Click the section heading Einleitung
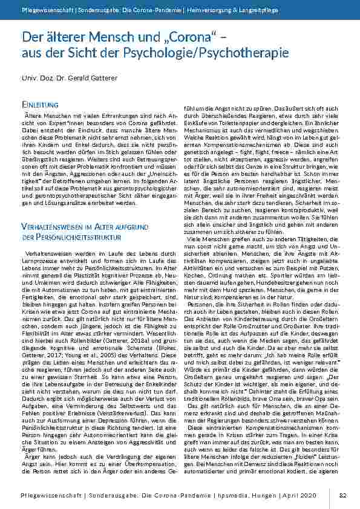[x=39, y=105]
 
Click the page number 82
[x=342, y=496]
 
